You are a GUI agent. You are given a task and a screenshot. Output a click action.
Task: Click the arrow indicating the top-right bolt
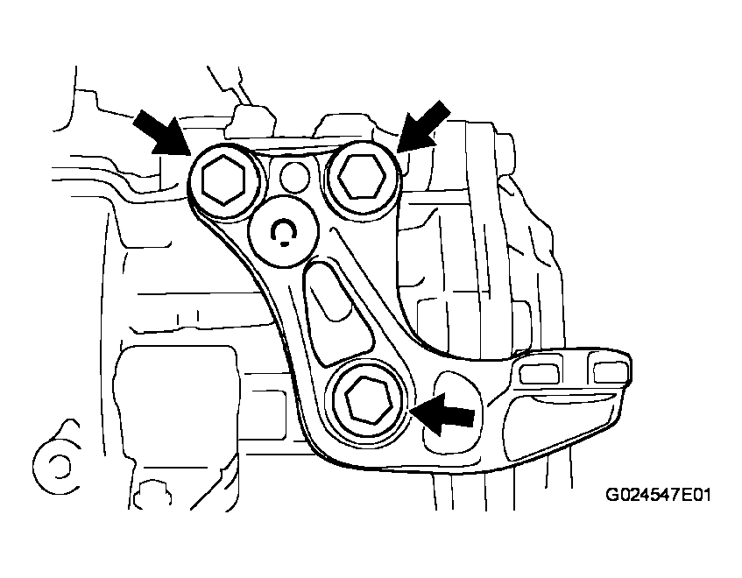[424, 127]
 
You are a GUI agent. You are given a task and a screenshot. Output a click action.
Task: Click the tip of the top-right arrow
[399, 150]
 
